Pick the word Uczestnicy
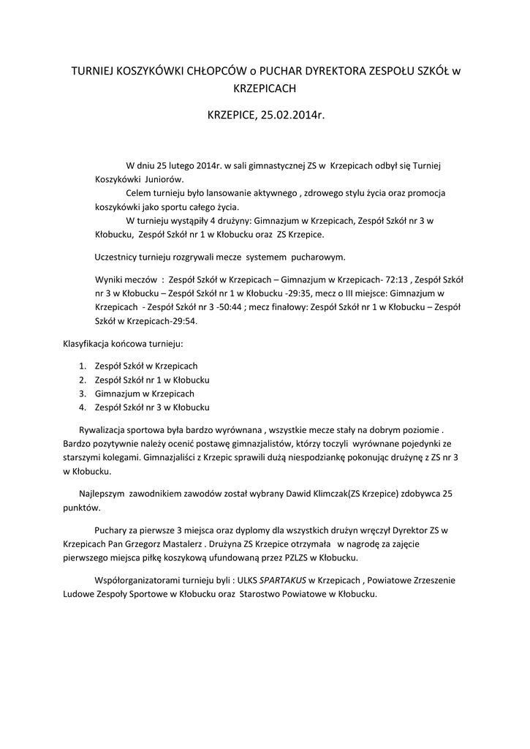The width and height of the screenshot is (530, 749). [x=120, y=257]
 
